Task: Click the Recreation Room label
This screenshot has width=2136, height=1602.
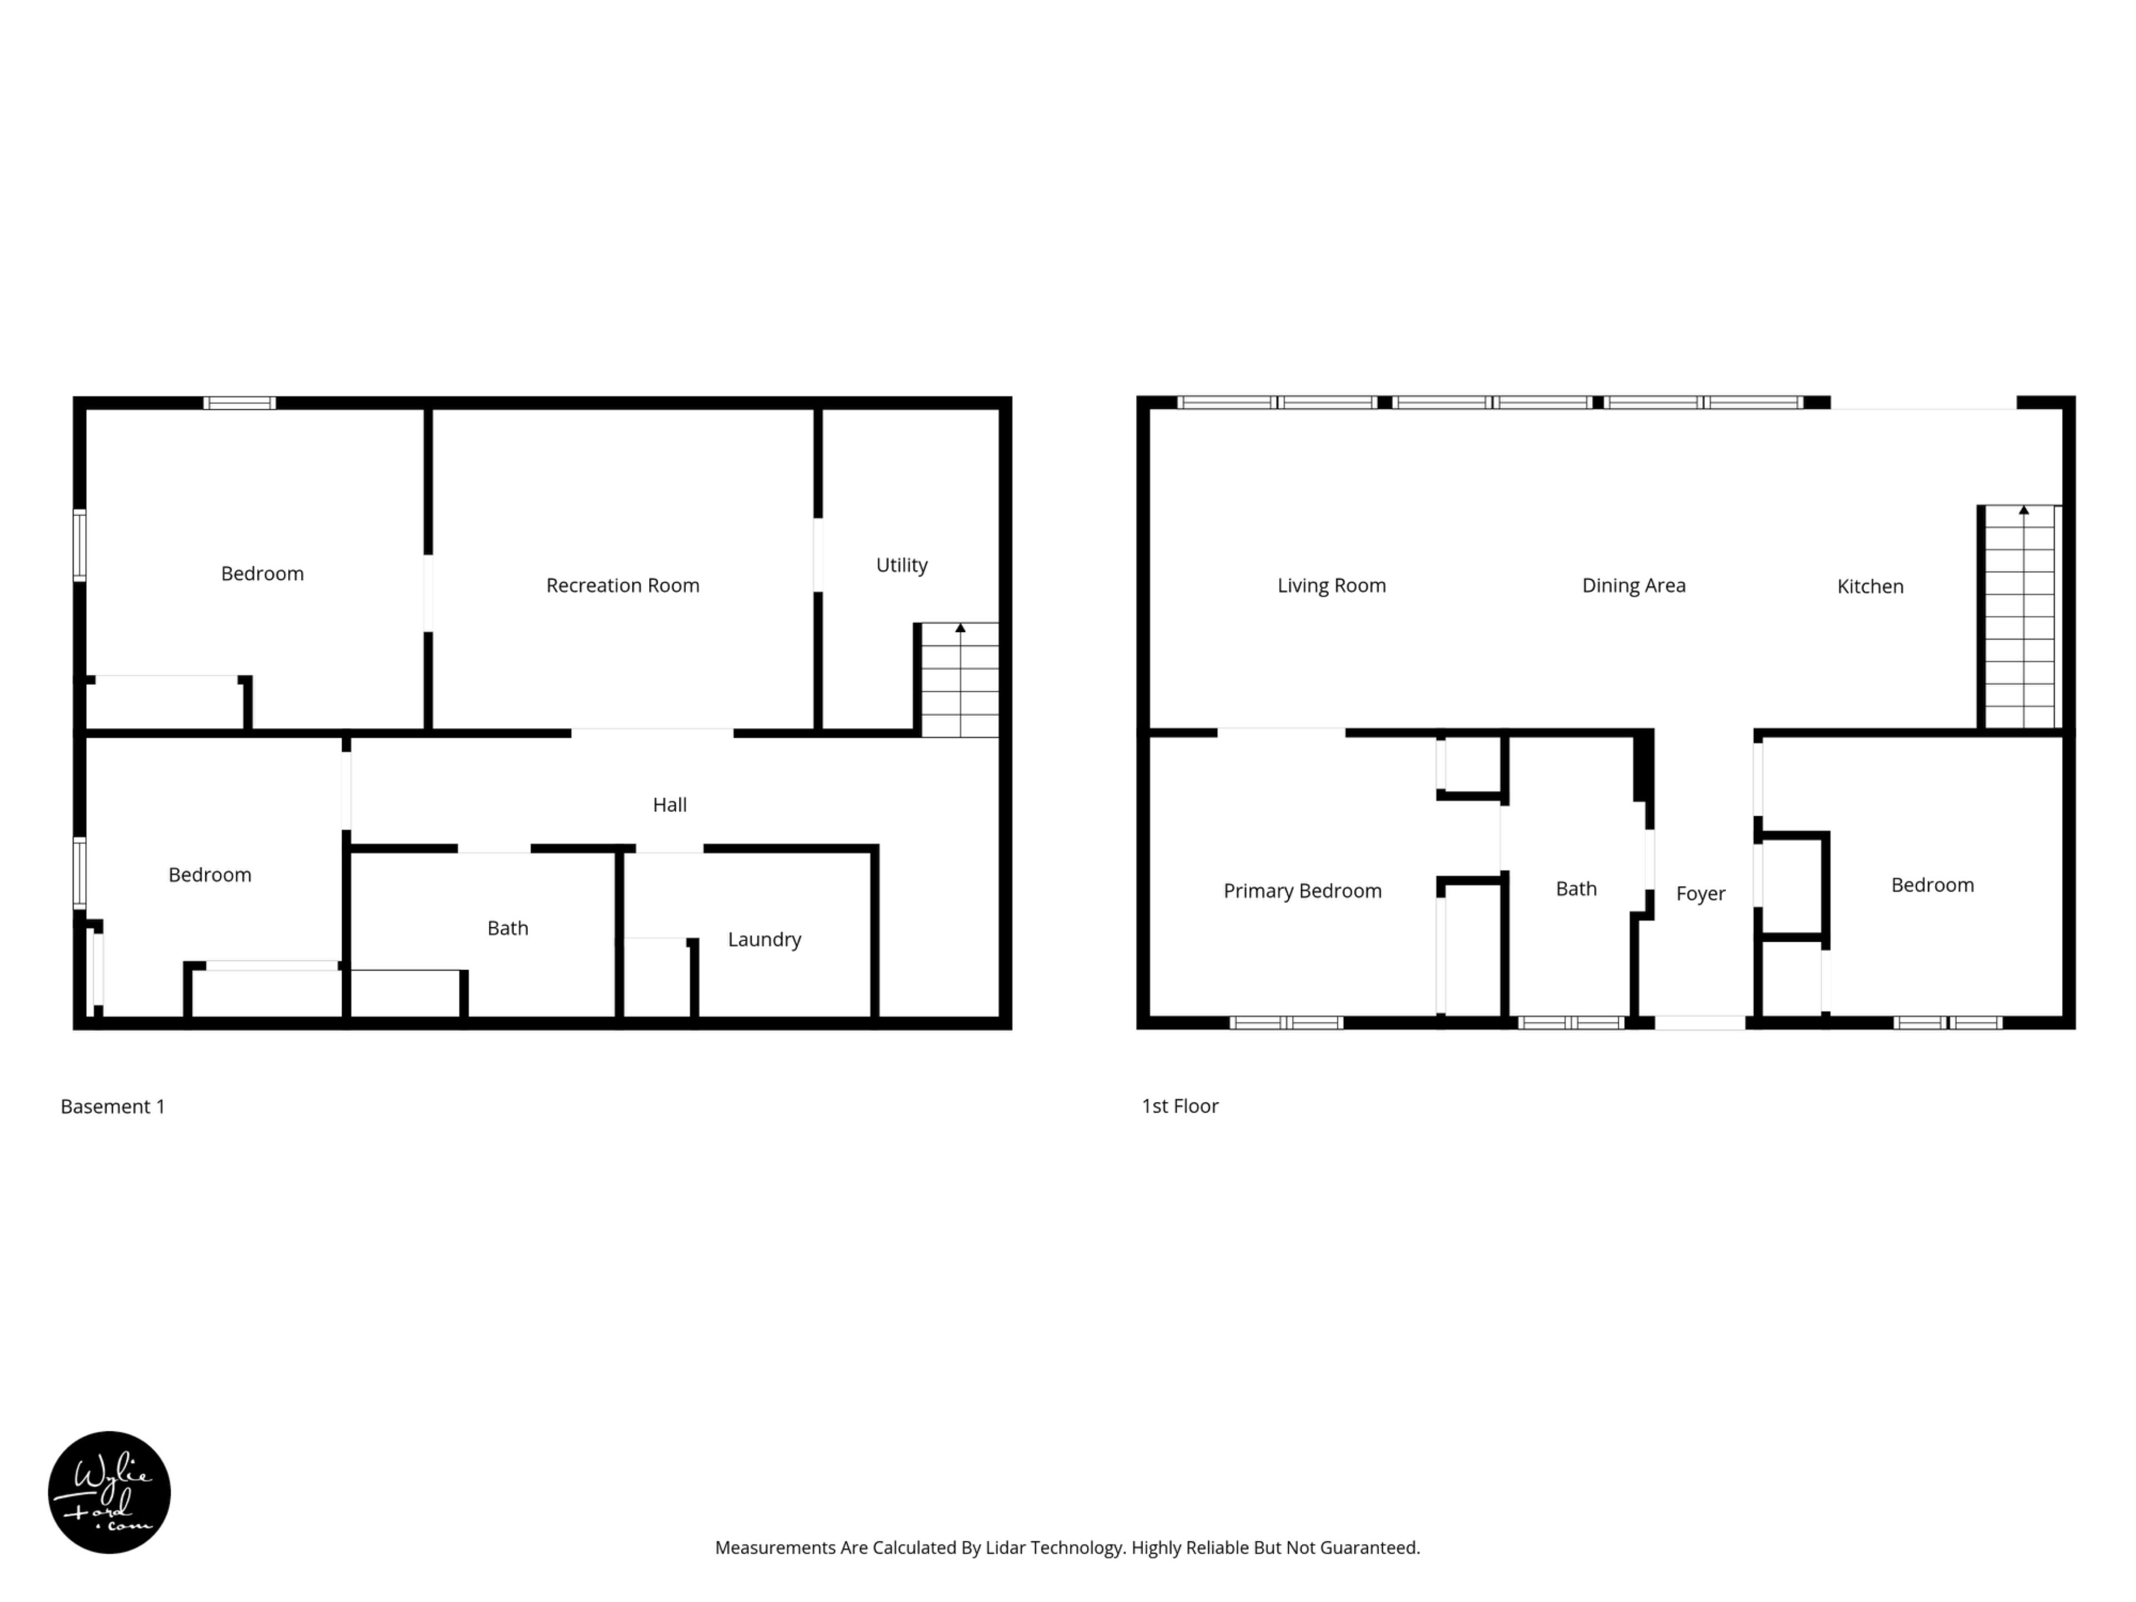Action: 623,585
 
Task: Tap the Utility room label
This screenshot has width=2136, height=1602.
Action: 902,565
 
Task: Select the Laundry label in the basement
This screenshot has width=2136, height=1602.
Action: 765,940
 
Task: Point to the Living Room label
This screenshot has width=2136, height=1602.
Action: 1332,585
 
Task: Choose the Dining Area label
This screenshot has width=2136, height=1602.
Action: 1634,585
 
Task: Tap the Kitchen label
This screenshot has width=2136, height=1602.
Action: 1871,586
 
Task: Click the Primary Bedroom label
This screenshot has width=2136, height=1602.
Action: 1303,891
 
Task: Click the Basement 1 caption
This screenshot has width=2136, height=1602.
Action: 113,1106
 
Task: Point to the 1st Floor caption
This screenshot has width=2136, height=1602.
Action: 1180,1106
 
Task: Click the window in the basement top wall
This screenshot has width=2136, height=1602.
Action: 240,404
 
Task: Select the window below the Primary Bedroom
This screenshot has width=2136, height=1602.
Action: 1286,1022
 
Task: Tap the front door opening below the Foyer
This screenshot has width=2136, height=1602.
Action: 1700,1022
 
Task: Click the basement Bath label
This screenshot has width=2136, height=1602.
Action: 508,928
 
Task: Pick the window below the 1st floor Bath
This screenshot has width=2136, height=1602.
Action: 1571,1022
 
